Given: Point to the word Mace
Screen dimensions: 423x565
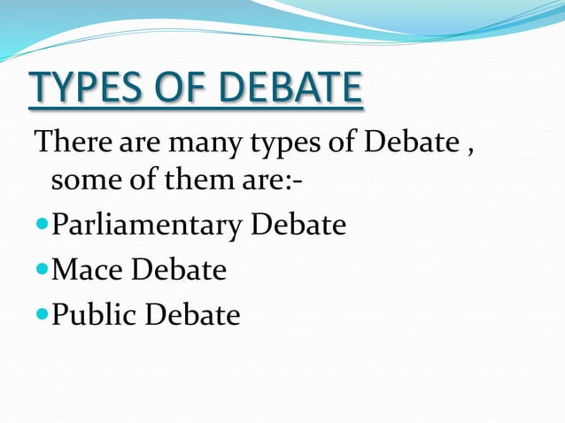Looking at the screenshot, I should coord(89,270).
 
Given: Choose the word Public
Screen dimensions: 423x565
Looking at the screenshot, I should coord(96,314).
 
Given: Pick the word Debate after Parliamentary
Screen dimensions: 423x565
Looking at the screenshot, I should coord(298,226).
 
